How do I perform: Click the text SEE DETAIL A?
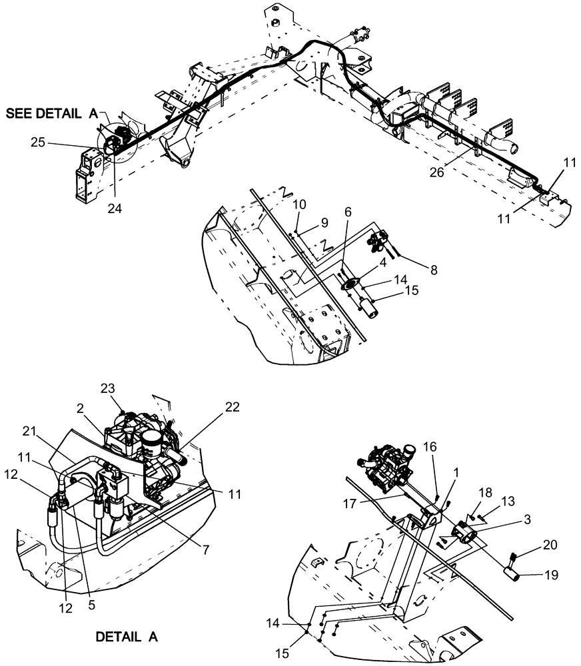click(52, 114)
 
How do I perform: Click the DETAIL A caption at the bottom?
click(127, 636)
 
